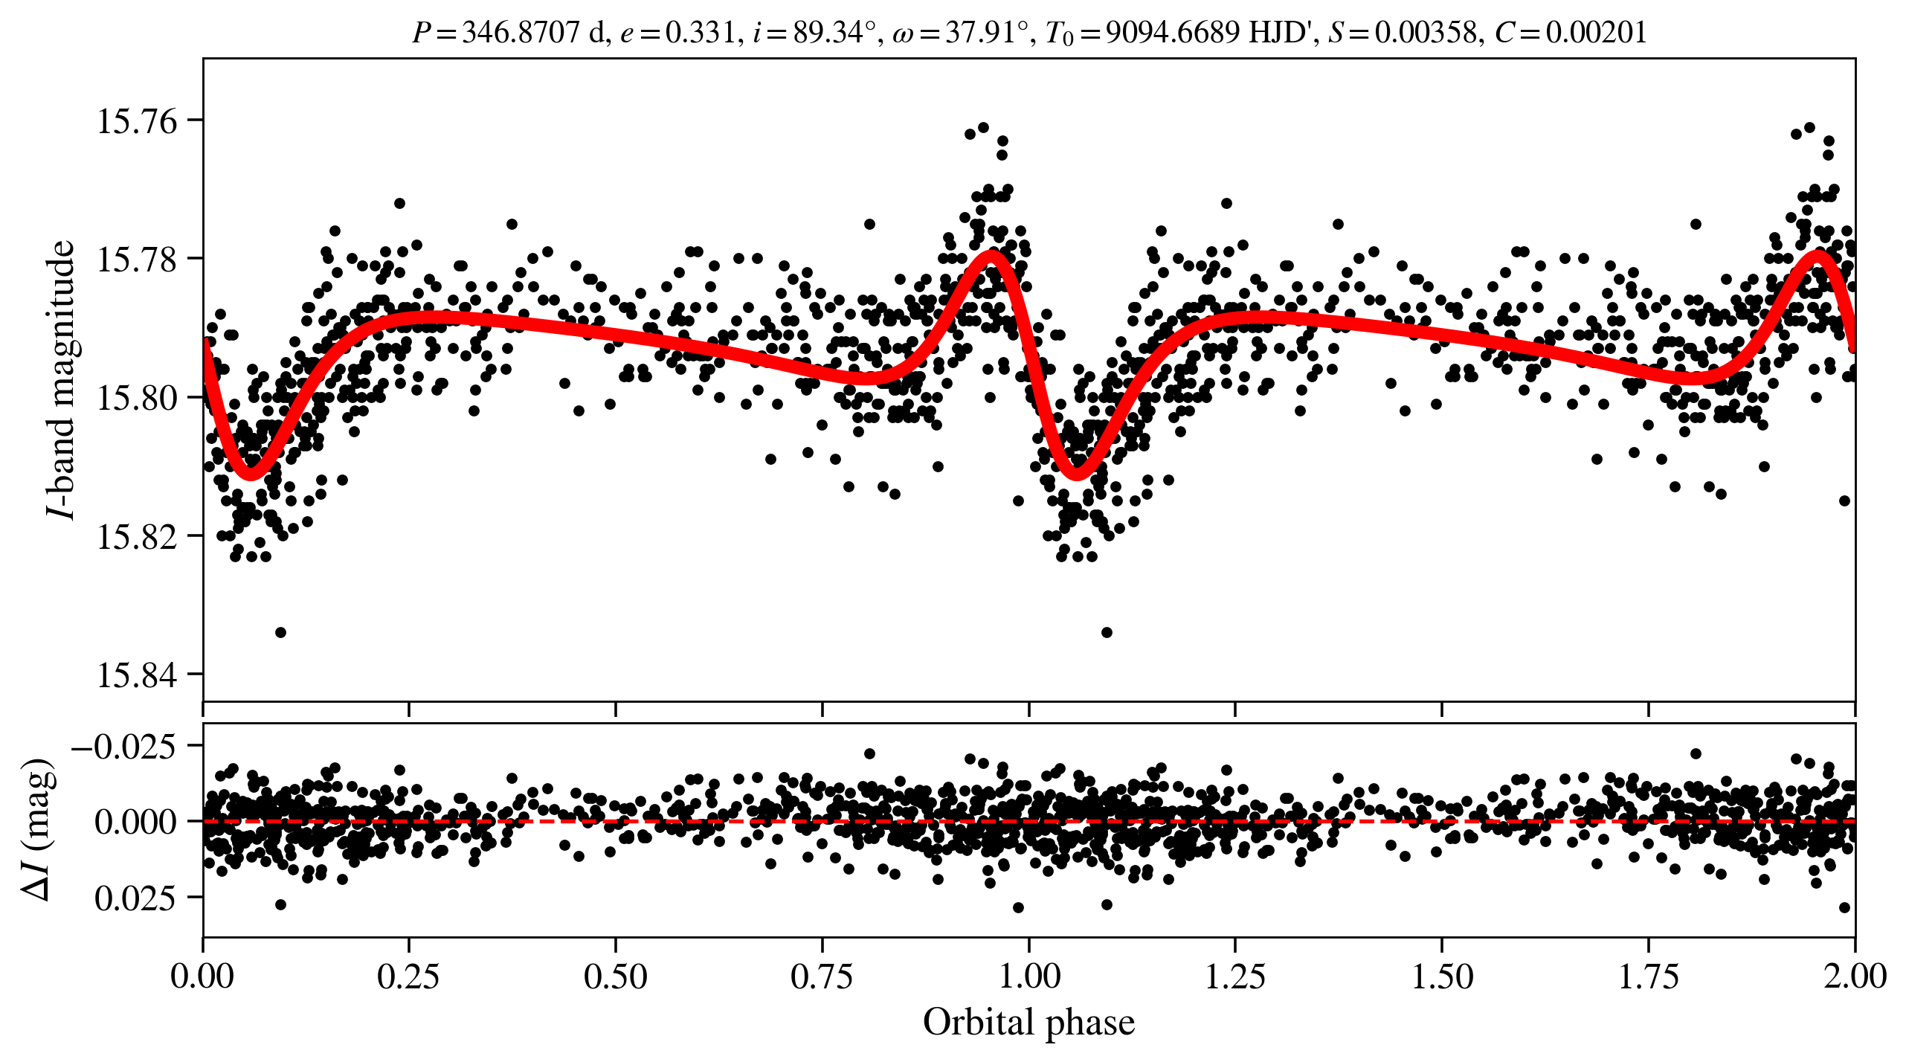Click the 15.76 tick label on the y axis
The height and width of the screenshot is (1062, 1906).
138,121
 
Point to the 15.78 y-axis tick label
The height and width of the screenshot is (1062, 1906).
138,260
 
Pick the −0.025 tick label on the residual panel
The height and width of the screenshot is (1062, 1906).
124,746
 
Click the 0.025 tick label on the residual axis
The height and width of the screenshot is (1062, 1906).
135,898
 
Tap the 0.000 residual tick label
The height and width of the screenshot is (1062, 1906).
135,822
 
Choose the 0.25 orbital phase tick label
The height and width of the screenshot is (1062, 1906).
408,976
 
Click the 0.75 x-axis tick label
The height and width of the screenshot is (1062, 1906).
822,976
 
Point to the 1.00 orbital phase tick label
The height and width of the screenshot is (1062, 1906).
1028,976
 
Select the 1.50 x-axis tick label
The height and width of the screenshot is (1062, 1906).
1442,976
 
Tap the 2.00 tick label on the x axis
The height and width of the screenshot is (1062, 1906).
1855,976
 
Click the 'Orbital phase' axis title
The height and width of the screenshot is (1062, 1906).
1028,1023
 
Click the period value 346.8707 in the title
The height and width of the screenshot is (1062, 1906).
521,33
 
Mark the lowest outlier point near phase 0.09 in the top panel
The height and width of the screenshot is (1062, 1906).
280,632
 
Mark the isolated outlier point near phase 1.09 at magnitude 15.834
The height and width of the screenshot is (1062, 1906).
1107,632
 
